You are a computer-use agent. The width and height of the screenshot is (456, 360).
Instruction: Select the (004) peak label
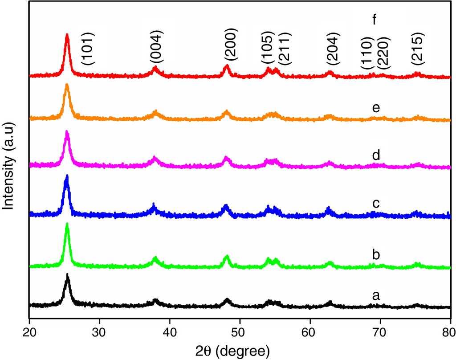(157, 46)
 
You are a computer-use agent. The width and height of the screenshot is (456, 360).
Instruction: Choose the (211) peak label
(284, 48)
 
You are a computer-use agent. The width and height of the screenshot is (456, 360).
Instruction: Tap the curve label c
(375, 203)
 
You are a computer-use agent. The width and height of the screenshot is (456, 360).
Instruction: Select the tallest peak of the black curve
(67, 275)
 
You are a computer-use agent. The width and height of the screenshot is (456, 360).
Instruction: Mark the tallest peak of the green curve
(67, 224)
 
